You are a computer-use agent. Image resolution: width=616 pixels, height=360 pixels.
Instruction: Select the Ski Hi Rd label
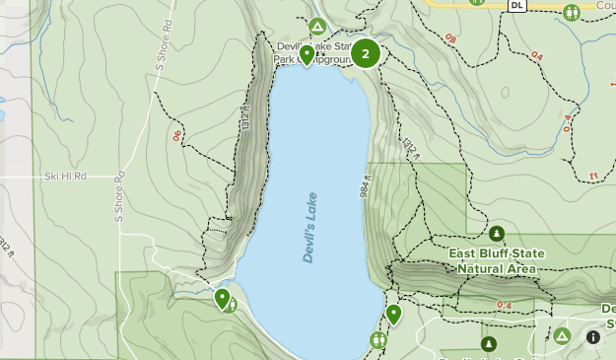coord(65,177)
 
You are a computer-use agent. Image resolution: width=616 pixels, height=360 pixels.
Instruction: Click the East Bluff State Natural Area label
coord(495,260)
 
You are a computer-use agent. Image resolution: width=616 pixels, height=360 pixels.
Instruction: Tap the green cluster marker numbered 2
coord(366,53)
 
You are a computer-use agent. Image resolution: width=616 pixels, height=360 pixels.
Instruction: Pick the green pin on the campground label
coord(308,54)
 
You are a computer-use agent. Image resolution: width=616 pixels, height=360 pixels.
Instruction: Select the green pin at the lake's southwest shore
coord(222,297)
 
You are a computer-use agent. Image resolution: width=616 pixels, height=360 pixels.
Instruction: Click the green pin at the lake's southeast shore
coord(393,314)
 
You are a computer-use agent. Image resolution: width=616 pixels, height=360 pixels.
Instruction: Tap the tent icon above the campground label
coord(317,26)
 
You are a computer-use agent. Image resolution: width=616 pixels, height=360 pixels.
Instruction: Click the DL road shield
coord(517,5)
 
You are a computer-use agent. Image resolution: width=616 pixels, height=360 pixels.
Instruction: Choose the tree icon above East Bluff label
coord(496,234)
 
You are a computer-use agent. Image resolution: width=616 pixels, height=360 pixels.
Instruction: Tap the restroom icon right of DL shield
coord(572,12)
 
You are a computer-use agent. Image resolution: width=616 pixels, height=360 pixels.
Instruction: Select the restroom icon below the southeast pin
coord(379,339)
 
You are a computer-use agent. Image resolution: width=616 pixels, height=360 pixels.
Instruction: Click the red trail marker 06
coord(177,136)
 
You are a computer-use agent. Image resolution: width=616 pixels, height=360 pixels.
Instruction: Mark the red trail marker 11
coord(592,177)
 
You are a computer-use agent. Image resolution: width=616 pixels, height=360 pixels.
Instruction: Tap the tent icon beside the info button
coord(561,337)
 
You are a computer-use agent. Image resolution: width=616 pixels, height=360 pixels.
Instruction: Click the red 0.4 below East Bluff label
coord(505,306)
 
